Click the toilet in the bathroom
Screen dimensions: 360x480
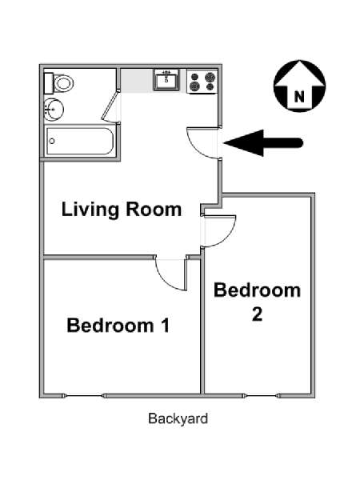(59, 83)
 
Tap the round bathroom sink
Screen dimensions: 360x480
(54, 110)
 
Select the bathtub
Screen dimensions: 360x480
(79, 141)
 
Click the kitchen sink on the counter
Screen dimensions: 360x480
(166, 79)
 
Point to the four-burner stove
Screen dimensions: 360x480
(202, 82)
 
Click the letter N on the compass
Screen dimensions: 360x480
(299, 97)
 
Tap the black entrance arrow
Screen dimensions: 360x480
(263, 143)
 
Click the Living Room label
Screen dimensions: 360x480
(122, 210)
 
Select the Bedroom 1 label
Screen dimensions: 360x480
(118, 325)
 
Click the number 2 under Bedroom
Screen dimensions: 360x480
(257, 314)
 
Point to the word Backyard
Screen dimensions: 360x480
(178, 418)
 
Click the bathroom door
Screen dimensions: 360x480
(110, 106)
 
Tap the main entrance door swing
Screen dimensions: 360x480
(202, 143)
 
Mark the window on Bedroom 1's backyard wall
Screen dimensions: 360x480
(84, 395)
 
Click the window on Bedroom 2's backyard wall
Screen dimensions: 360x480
(261, 395)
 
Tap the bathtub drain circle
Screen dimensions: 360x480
(52, 141)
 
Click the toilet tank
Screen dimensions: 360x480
(49, 83)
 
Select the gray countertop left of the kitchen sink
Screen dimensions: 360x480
(137, 80)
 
